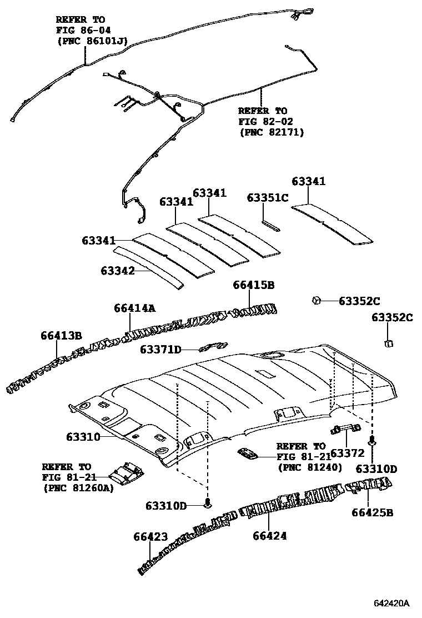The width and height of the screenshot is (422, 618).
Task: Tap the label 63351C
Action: pos(268,197)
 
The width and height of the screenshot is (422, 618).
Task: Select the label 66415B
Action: pos(253,285)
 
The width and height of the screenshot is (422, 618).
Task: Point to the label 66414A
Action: pos(135,308)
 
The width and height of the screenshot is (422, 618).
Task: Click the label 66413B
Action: pos(61,335)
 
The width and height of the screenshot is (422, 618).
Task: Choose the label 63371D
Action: pos(160,350)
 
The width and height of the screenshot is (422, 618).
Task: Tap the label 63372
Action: pos(347,453)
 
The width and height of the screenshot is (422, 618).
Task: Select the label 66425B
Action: pos(372,512)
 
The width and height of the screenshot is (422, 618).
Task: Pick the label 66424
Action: pos(269,536)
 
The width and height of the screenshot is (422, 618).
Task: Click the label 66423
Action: pos(150,537)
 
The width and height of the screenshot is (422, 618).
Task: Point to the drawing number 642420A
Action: pos(390,603)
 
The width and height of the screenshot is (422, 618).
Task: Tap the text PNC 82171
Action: pos(272,132)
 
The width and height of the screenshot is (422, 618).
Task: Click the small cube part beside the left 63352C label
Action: pos(316,300)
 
